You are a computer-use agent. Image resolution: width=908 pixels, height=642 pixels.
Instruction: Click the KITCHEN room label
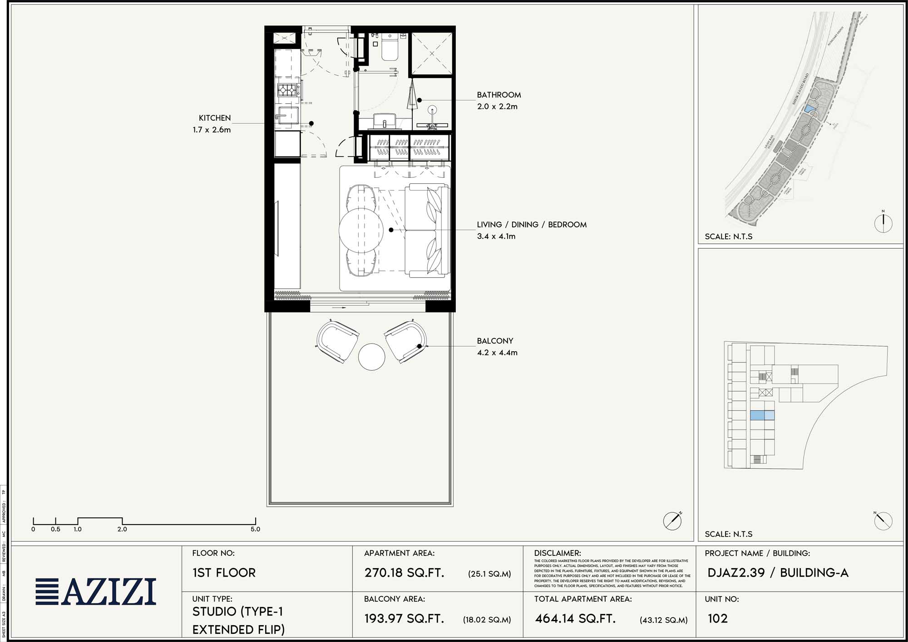(x=215, y=118)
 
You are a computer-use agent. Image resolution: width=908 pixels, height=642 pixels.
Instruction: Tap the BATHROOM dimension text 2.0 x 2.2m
(x=497, y=107)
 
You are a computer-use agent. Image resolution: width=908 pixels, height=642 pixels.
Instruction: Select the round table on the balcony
(x=371, y=357)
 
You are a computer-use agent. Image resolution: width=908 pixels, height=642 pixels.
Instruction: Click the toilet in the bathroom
(x=390, y=48)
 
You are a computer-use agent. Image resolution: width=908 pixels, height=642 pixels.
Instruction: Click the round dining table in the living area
(x=361, y=230)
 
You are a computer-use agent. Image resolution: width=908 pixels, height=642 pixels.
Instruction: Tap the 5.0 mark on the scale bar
(x=255, y=529)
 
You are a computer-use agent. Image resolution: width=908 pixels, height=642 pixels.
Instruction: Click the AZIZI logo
(x=96, y=592)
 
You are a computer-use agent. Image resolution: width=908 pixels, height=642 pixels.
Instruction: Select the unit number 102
(x=717, y=618)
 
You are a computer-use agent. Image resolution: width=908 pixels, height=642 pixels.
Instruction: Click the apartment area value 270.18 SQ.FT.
(x=404, y=573)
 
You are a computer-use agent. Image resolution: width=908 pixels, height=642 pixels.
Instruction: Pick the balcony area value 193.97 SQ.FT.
(x=404, y=618)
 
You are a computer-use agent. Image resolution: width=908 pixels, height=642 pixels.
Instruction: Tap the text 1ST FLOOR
(x=224, y=573)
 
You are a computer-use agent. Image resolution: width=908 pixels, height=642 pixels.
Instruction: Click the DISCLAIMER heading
(x=557, y=553)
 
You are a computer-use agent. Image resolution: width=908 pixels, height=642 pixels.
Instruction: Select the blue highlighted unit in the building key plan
(x=762, y=415)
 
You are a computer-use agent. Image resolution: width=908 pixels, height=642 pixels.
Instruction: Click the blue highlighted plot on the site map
(x=809, y=109)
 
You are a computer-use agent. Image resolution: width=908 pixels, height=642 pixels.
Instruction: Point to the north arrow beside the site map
(x=883, y=223)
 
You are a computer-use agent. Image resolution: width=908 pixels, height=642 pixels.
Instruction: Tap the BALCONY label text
(x=495, y=341)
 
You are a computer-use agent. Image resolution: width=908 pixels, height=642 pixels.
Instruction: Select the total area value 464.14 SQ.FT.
(x=575, y=618)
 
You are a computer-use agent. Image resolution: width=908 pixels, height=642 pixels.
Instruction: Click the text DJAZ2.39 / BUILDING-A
(x=778, y=573)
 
